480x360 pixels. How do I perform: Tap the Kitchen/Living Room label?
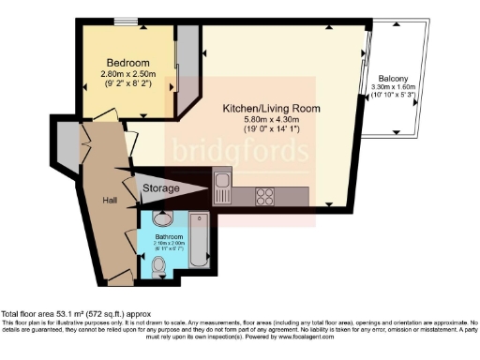[x=271, y=109]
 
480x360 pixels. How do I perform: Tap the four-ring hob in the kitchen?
[x=265, y=197]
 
